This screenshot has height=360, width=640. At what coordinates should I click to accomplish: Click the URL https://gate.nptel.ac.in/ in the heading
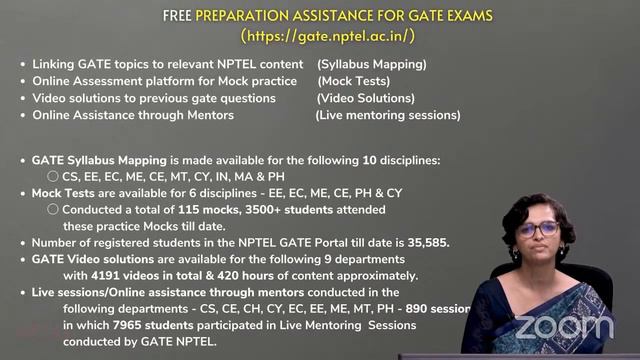(x=328, y=36)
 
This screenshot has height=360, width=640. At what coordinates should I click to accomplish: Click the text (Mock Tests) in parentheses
(x=354, y=81)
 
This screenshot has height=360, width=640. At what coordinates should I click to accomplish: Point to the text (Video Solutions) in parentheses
(x=365, y=98)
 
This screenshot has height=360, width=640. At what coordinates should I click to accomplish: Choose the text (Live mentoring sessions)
(x=388, y=115)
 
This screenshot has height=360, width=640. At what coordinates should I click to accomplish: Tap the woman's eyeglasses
(x=538, y=229)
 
